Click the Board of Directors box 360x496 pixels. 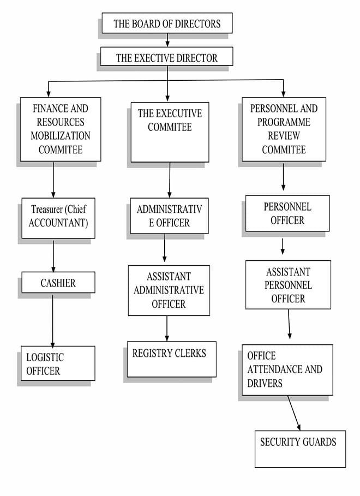point(167,23)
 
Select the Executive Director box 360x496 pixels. point(167,57)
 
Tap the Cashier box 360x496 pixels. point(58,282)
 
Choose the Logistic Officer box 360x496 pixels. point(58,363)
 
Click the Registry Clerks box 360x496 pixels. point(172,359)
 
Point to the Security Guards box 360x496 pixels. point(300,449)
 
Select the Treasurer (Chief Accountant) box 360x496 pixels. point(58,218)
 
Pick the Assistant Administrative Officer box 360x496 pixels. point(169,290)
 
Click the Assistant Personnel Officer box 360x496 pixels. point(288,285)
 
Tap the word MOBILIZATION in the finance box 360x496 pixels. point(61,136)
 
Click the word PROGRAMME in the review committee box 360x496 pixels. point(284,122)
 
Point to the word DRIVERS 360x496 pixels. point(265,384)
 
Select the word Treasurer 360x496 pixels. point(47,209)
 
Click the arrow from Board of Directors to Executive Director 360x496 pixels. point(167,40)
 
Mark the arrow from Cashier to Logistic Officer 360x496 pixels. point(52,320)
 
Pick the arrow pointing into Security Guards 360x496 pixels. point(294,413)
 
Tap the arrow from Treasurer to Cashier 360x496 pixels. point(53,256)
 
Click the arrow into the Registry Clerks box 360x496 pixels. point(167,328)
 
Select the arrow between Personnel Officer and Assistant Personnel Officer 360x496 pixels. point(283,247)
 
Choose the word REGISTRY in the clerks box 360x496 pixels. point(150,353)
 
